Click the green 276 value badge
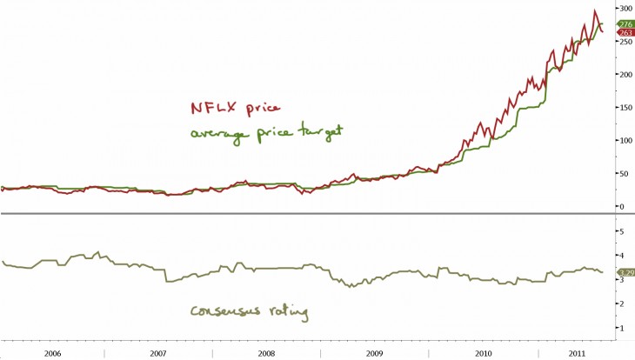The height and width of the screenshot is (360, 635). click(x=625, y=23)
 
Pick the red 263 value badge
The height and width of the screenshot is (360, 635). click(x=625, y=33)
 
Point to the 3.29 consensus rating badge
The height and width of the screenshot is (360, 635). click(x=625, y=273)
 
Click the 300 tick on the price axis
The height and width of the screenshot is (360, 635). click(x=625, y=8)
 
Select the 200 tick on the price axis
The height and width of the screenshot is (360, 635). click(x=625, y=74)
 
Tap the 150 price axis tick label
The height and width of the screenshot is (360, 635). click(x=625, y=107)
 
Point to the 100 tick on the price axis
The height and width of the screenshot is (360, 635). click(x=625, y=140)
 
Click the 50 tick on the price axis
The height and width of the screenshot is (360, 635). click(x=623, y=173)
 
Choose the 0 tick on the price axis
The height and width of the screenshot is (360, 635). click(x=620, y=206)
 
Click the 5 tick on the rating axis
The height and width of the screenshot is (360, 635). click(x=620, y=231)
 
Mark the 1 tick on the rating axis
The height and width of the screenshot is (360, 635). click(x=620, y=327)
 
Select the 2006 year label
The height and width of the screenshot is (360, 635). click(x=53, y=353)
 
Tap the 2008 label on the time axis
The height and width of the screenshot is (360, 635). click(x=266, y=353)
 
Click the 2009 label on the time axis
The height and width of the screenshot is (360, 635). click(x=374, y=353)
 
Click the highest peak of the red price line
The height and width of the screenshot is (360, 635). click(x=595, y=11)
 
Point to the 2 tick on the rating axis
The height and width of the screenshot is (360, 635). click(x=620, y=303)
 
